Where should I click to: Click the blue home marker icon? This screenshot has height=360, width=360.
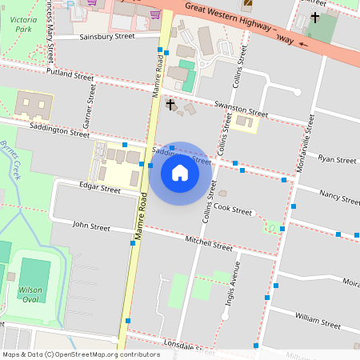click(180, 173)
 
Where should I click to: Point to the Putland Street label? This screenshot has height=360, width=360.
click(70, 75)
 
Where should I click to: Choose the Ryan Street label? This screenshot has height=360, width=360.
click(337, 160)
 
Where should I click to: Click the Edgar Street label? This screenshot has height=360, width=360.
click(99, 190)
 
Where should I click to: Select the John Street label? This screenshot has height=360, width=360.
click(91, 226)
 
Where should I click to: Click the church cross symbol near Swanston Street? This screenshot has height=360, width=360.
click(170, 104)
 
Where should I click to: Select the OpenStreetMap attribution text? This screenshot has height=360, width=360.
click(80, 354)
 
